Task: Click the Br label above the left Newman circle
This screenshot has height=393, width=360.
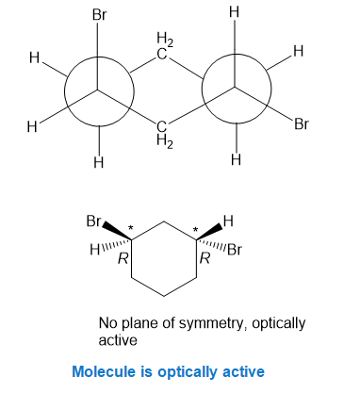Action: [100, 15]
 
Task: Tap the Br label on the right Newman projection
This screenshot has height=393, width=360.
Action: [302, 124]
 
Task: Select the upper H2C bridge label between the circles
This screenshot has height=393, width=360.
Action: [164, 46]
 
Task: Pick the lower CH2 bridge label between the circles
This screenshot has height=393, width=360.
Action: [164, 135]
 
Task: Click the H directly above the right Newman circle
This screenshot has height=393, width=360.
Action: [235, 12]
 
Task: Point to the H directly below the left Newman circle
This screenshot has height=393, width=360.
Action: [99, 162]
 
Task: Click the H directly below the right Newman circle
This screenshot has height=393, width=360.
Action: [236, 159]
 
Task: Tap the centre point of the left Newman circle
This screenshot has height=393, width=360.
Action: [97, 90]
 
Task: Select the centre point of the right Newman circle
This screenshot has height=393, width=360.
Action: [235, 87]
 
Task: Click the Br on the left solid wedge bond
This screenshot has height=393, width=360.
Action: [93, 221]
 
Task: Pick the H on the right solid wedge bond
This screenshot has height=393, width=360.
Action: [228, 221]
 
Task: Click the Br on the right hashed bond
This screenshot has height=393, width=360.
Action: [236, 250]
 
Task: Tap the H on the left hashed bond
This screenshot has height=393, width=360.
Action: [95, 250]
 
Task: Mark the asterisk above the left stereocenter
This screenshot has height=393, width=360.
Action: [130, 228]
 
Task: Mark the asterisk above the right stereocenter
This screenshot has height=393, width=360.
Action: [195, 229]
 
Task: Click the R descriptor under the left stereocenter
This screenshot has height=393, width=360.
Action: [123, 259]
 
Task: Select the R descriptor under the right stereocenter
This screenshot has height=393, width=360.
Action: [205, 259]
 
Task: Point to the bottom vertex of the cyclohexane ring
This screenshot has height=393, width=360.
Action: [164, 296]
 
